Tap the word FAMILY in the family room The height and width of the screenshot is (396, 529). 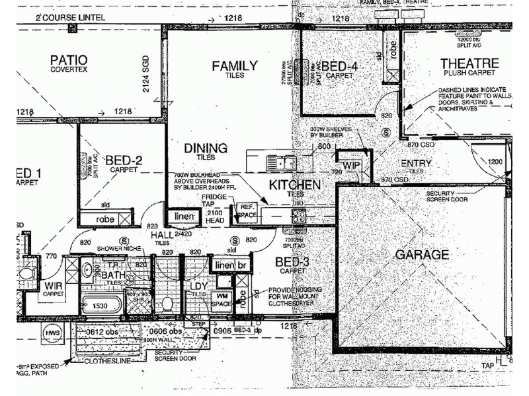tap(234, 65)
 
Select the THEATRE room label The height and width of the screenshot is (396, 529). tap(469, 63)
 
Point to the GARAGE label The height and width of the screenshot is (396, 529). tap(421, 254)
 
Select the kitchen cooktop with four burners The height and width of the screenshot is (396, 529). tap(299, 214)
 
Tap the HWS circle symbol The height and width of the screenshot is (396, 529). tap(52, 334)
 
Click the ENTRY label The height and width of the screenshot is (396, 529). tap(416, 163)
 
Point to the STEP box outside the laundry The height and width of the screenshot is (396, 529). tap(197, 325)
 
